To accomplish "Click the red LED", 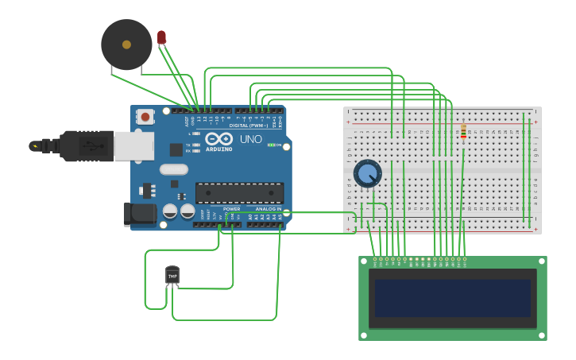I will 161,37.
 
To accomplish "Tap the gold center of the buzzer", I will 126,45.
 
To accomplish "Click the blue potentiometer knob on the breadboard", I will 367,172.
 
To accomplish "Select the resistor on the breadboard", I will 463,132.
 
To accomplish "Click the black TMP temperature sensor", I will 172,275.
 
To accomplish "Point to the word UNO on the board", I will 250,139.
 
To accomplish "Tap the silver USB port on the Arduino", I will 133,146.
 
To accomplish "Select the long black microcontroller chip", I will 239,192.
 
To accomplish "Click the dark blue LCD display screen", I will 452,298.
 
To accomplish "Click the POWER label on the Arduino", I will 231,209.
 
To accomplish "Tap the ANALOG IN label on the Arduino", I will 268,209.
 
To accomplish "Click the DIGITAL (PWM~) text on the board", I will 248,126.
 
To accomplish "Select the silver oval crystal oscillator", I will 173,169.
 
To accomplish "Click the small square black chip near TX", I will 176,149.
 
